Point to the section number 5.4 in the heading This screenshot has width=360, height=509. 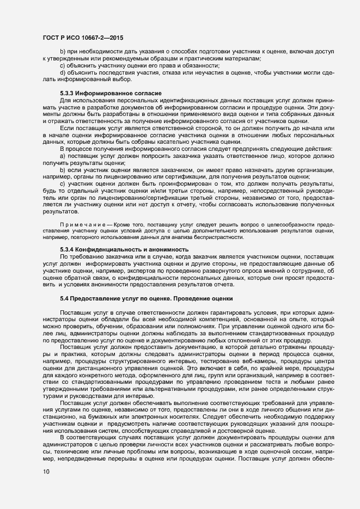pyautogui.click(x=65, y=299)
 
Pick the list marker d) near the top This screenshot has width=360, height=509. pyautogui.click(x=62, y=73)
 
